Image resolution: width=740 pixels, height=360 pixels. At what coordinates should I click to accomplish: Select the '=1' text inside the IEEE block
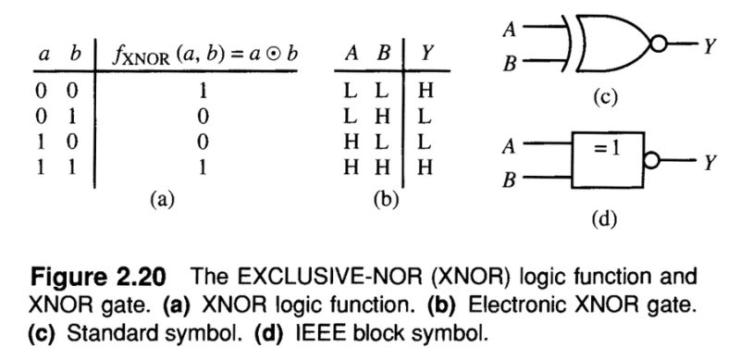(x=608, y=147)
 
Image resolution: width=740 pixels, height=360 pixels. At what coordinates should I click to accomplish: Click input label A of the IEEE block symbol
(x=507, y=147)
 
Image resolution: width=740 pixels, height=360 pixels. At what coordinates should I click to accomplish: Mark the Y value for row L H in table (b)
(x=425, y=117)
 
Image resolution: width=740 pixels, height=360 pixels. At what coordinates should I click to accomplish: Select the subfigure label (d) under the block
(x=602, y=219)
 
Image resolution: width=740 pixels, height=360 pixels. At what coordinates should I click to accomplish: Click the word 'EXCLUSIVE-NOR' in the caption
(x=361, y=279)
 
